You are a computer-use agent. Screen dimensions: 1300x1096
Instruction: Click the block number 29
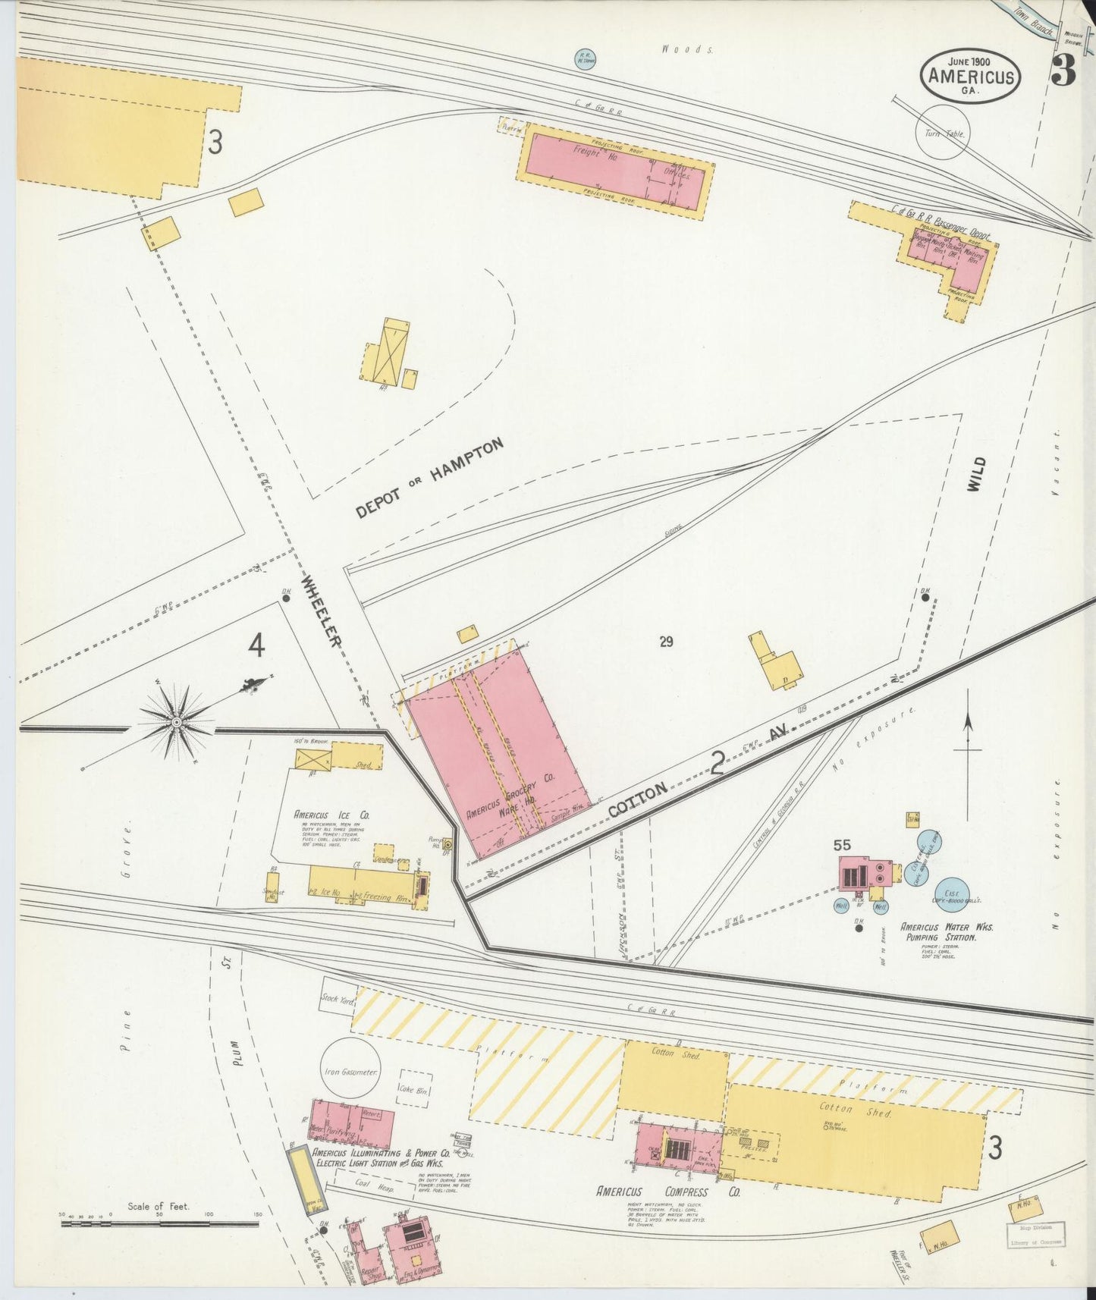[666, 642]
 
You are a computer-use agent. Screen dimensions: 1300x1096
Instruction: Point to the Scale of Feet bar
[159, 1220]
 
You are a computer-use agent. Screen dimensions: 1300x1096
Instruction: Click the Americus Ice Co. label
[332, 815]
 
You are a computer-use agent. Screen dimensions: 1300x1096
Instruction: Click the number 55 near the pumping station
[840, 845]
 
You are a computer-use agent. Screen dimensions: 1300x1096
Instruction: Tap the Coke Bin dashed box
[414, 1089]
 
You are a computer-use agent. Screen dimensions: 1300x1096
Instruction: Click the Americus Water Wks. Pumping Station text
[938, 932]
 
